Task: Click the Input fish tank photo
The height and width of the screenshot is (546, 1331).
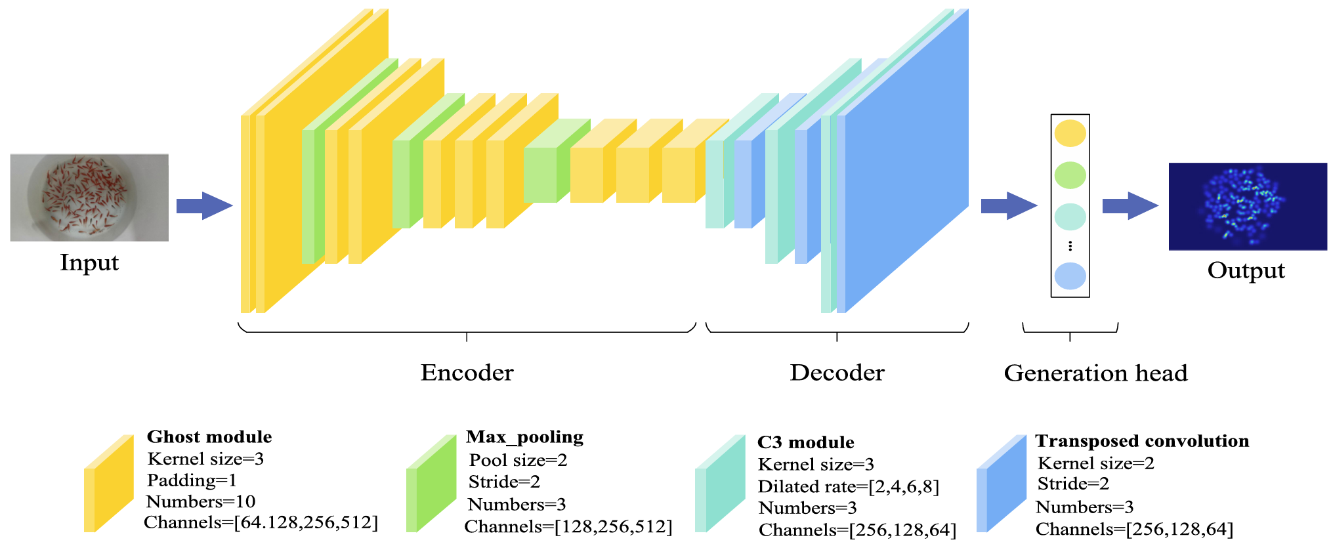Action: pyautogui.click(x=89, y=198)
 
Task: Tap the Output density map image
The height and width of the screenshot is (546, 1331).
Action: pyautogui.click(x=1248, y=206)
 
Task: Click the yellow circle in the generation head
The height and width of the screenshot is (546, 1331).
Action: pyautogui.click(x=1070, y=133)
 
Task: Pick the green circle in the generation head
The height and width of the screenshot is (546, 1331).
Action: pyautogui.click(x=1070, y=175)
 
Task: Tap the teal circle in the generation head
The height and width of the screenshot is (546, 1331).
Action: pyautogui.click(x=1070, y=217)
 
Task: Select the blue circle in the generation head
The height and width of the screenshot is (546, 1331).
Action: pyautogui.click(x=1070, y=276)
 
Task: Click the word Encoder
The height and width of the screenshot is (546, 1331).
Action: pyautogui.click(x=467, y=373)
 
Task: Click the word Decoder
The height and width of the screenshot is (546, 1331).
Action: pyautogui.click(x=837, y=373)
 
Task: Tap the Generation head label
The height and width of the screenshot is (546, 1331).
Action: pyautogui.click(x=1095, y=373)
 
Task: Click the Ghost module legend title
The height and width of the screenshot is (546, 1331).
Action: pyautogui.click(x=209, y=437)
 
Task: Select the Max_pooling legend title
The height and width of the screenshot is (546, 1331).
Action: pyautogui.click(x=524, y=437)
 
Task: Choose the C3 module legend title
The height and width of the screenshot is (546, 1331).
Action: pyautogui.click(x=805, y=442)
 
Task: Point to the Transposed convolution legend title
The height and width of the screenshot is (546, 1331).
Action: pyautogui.click(x=1142, y=441)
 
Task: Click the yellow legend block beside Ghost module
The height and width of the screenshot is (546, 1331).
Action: pyautogui.click(x=108, y=484)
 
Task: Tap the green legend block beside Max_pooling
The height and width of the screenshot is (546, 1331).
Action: pyautogui.click(x=431, y=484)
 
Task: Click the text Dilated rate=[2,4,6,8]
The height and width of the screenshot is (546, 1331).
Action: pyautogui.click(x=849, y=486)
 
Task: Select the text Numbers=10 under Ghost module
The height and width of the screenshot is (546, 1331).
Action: pyautogui.click(x=201, y=502)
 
